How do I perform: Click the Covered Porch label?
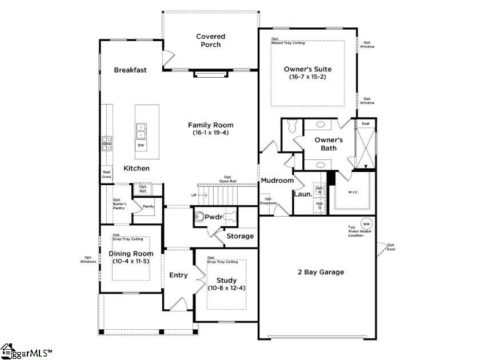tap(210, 41)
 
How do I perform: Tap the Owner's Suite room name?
tap(307, 69)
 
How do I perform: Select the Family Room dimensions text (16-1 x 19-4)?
tap(211, 133)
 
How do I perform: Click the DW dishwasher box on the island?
tap(141, 146)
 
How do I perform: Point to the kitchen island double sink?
tap(141, 131)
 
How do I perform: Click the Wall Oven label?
tap(107, 174)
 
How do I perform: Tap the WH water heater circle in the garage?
tap(366, 223)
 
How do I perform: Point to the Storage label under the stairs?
tap(240, 236)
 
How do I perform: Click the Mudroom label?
tap(277, 181)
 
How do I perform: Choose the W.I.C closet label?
tap(353, 192)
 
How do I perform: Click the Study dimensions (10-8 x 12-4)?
tap(226, 287)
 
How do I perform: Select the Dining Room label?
tap(131, 254)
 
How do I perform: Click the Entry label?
tap(178, 275)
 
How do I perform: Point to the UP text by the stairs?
tap(194, 195)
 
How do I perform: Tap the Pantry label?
tap(149, 206)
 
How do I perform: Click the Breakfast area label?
tap(130, 70)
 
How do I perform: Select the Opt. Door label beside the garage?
tap(391, 247)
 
